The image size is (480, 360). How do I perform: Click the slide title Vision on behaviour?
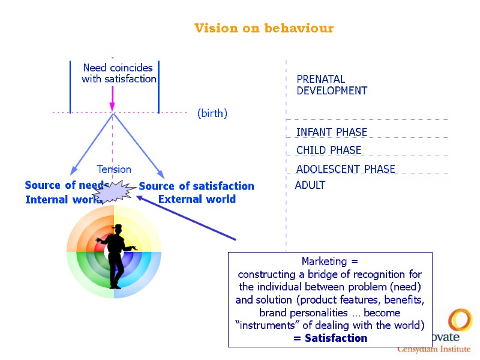[x=264, y=28]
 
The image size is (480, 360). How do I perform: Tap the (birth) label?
[x=212, y=113]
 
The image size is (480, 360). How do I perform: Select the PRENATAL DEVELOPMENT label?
[x=332, y=85]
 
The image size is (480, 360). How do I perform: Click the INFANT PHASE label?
[x=332, y=132]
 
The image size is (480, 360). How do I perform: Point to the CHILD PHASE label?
[x=329, y=150]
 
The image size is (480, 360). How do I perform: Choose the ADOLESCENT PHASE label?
[x=346, y=169]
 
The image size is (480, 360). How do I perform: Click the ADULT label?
[x=310, y=185]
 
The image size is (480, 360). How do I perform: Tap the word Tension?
[x=114, y=170]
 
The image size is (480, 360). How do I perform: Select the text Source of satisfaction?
[x=197, y=186]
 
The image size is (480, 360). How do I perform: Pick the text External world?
[x=197, y=199]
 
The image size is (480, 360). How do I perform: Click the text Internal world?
[x=60, y=200]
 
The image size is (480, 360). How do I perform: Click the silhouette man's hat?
[x=118, y=227]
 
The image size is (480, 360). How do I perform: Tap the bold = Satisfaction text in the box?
[x=330, y=338]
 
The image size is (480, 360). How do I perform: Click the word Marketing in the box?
[x=325, y=262]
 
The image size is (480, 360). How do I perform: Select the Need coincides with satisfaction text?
[x=119, y=73]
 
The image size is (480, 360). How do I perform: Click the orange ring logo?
[x=460, y=320]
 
